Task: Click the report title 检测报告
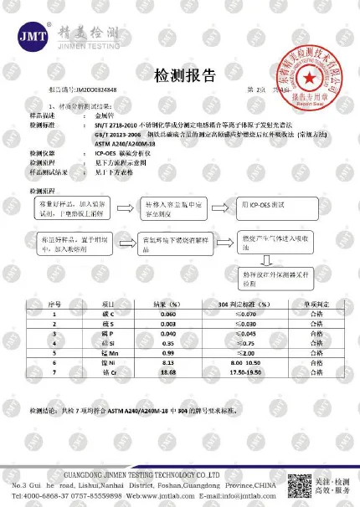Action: (x=181, y=76)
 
